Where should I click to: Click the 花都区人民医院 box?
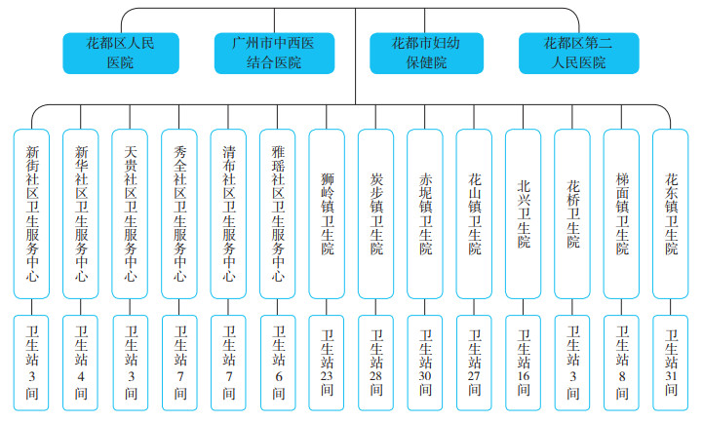pyautogui.click(x=121, y=54)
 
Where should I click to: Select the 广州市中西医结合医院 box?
pyautogui.click(x=274, y=54)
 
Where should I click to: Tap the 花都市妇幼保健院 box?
pyautogui.click(x=427, y=54)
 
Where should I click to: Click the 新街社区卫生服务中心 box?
pyautogui.click(x=33, y=213)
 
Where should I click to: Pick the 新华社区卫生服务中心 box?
pyautogui.click(x=82, y=213)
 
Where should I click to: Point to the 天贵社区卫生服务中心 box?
pyautogui.click(x=132, y=213)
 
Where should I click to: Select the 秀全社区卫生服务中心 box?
pyautogui.click(x=180, y=213)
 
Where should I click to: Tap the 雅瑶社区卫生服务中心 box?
pyautogui.click(x=279, y=213)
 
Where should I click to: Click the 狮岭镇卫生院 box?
pyautogui.click(x=328, y=213)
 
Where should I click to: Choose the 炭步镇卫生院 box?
pyautogui.click(x=377, y=213)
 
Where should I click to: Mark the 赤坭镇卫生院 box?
pyautogui.click(x=426, y=213)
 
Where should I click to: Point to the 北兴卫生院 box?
pyautogui.click(x=525, y=213)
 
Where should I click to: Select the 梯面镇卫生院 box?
pyautogui.click(x=622, y=213)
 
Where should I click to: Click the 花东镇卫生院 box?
pyautogui.click(x=672, y=213)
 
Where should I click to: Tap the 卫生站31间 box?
pyautogui.click(x=672, y=362)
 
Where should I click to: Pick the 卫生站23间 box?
pyautogui.click(x=328, y=362)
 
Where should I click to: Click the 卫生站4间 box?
pyautogui.click(x=82, y=362)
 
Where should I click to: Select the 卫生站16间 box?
pyautogui.click(x=525, y=362)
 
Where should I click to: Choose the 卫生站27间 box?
pyautogui.click(x=475, y=362)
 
